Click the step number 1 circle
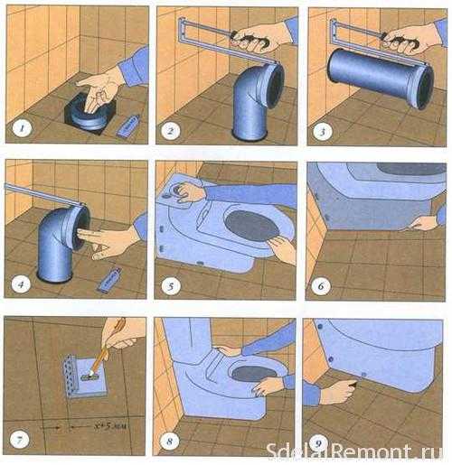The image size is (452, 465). click(22, 129)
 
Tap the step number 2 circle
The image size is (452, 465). click(171, 131)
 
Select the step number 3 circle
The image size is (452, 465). click(323, 132)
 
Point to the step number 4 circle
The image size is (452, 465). click(21, 284)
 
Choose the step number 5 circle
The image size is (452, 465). click(171, 286)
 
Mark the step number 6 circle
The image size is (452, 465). click(321, 285)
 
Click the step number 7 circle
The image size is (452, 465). click(19, 440)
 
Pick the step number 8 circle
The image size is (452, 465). click(169, 442)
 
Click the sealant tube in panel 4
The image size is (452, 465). click(109, 280)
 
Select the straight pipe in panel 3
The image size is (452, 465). click(381, 78)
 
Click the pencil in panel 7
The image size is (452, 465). click(106, 350)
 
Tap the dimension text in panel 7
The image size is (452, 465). click(109, 426)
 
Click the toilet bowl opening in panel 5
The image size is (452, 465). click(252, 226)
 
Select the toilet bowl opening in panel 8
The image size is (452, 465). click(254, 374)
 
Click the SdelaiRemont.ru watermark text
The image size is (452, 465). click(354, 451)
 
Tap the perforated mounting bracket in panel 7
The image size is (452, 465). click(71, 376)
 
